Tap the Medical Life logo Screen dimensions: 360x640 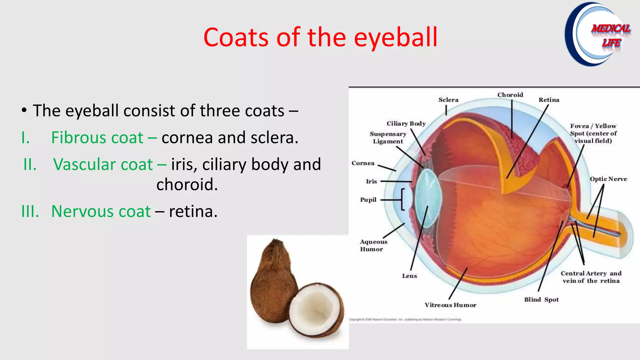tap(597, 34)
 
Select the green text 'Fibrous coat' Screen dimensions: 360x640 tap(97, 137)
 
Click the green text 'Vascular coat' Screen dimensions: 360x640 tap(103, 164)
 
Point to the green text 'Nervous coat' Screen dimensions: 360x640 tap(101, 211)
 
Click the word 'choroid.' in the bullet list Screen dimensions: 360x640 tap(187, 184)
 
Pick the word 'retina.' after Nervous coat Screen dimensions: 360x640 tap(193, 211)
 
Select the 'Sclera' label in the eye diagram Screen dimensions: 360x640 tap(448, 100)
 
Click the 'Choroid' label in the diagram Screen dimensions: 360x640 tap(510, 95)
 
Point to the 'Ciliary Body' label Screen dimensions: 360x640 tap(406, 123)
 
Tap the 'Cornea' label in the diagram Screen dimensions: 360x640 tap(363, 163)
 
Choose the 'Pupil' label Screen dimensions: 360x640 tap(368, 200)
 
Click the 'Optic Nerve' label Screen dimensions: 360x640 tap(608, 179)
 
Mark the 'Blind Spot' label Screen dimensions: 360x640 tap(541, 299)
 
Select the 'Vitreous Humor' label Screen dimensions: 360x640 tap(450, 305)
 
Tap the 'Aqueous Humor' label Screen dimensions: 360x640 tap(373, 245)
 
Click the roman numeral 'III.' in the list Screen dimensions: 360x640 tap(30, 211)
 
